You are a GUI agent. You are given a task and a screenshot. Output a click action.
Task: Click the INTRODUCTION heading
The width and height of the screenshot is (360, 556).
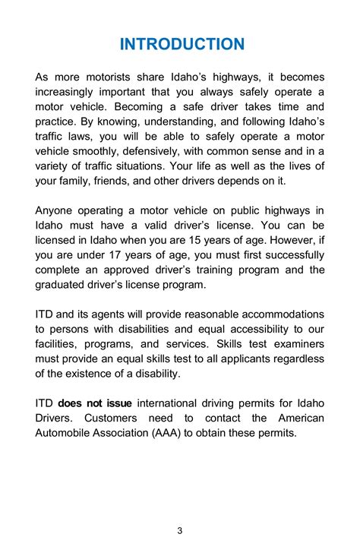[182, 43]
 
